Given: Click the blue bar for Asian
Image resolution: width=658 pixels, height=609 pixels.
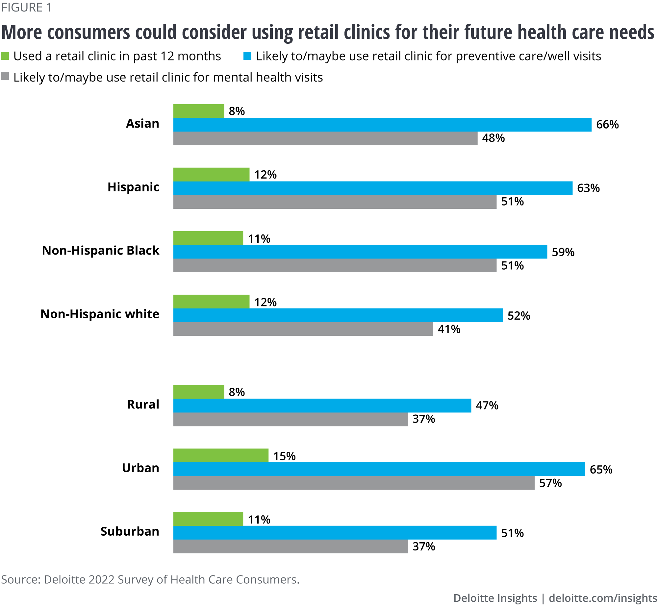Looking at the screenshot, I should click(382, 125).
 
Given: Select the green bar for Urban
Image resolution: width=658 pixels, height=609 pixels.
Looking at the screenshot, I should click(220, 455).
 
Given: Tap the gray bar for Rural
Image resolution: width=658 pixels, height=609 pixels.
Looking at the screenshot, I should click(291, 419).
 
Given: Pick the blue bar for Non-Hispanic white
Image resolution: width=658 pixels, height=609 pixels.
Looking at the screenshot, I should click(338, 315).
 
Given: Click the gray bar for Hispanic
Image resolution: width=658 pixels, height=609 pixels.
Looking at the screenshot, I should click(335, 202).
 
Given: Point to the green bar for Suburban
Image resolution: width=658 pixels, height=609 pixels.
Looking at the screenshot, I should click(208, 519).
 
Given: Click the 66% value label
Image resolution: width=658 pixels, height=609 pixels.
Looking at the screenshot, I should click(607, 125).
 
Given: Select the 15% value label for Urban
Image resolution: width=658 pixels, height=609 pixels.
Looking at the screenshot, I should click(284, 456).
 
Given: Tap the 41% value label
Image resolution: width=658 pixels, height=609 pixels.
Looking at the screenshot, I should click(449, 329).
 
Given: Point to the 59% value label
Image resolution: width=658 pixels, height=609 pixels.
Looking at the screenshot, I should click(563, 252).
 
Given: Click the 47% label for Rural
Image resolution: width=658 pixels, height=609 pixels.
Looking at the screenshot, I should click(487, 405).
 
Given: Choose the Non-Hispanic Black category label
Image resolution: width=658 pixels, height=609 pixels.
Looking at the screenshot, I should click(101, 251).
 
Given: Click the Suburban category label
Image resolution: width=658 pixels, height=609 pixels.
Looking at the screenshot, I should click(130, 531).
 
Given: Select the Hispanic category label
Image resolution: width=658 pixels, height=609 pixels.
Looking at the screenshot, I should click(133, 187).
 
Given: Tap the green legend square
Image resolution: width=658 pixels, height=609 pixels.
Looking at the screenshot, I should click(5, 56).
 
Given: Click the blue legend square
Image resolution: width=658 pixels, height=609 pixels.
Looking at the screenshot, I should click(247, 56).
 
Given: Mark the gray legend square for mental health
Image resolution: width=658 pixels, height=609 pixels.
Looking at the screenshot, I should click(5, 77).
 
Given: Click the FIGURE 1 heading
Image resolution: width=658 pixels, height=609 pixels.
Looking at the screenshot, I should click(26, 7).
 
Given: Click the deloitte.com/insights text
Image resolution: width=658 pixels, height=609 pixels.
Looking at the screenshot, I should click(603, 598).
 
